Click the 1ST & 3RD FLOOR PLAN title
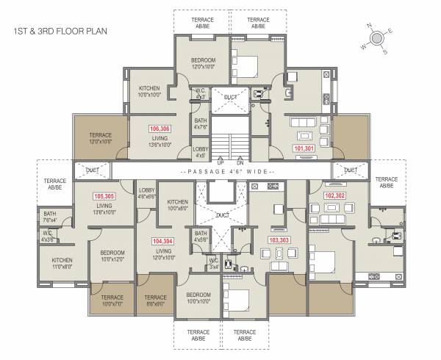tap(60, 32)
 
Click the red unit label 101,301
tap(304, 148)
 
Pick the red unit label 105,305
tap(104, 197)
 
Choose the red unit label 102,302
tap(335, 196)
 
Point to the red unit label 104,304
tap(163, 241)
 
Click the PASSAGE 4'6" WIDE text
tap(220, 170)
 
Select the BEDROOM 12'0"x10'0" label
tap(203, 63)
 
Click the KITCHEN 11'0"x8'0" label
tap(62, 264)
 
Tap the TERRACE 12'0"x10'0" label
tap(100, 139)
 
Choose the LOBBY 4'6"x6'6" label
tap(147, 193)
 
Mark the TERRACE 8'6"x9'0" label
tap(156, 300)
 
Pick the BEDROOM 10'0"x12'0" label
tap(112, 255)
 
